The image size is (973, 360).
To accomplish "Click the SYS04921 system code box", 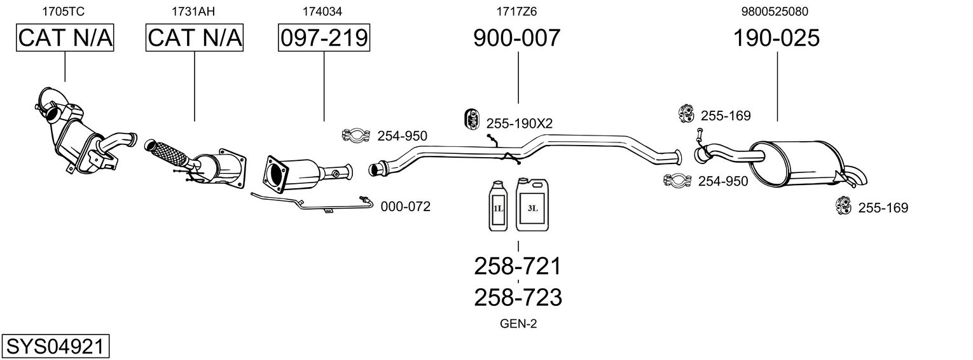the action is click(x=55, y=346).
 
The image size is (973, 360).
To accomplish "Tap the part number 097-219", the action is click(x=324, y=38).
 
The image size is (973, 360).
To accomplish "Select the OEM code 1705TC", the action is click(x=64, y=11).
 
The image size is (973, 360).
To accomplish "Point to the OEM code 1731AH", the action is click(x=193, y=11).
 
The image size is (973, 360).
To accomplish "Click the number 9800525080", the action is click(x=775, y=11).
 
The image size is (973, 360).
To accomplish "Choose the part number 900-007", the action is click(x=517, y=38).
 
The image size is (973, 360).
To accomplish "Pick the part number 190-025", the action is click(x=776, y=38).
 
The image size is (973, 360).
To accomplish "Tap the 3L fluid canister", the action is click(x=532, y=204).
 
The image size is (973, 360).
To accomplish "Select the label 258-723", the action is click(x=518, y=298).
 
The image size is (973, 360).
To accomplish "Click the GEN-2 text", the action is click(x=518, y=324).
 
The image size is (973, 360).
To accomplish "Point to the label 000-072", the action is click(x=405, y=206).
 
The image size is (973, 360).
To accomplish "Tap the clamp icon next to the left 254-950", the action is click(x=355, y=135).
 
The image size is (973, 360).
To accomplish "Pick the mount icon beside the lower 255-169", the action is click(x=843, y=206).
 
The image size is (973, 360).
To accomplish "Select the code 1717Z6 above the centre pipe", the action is click(x=517, y=11).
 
